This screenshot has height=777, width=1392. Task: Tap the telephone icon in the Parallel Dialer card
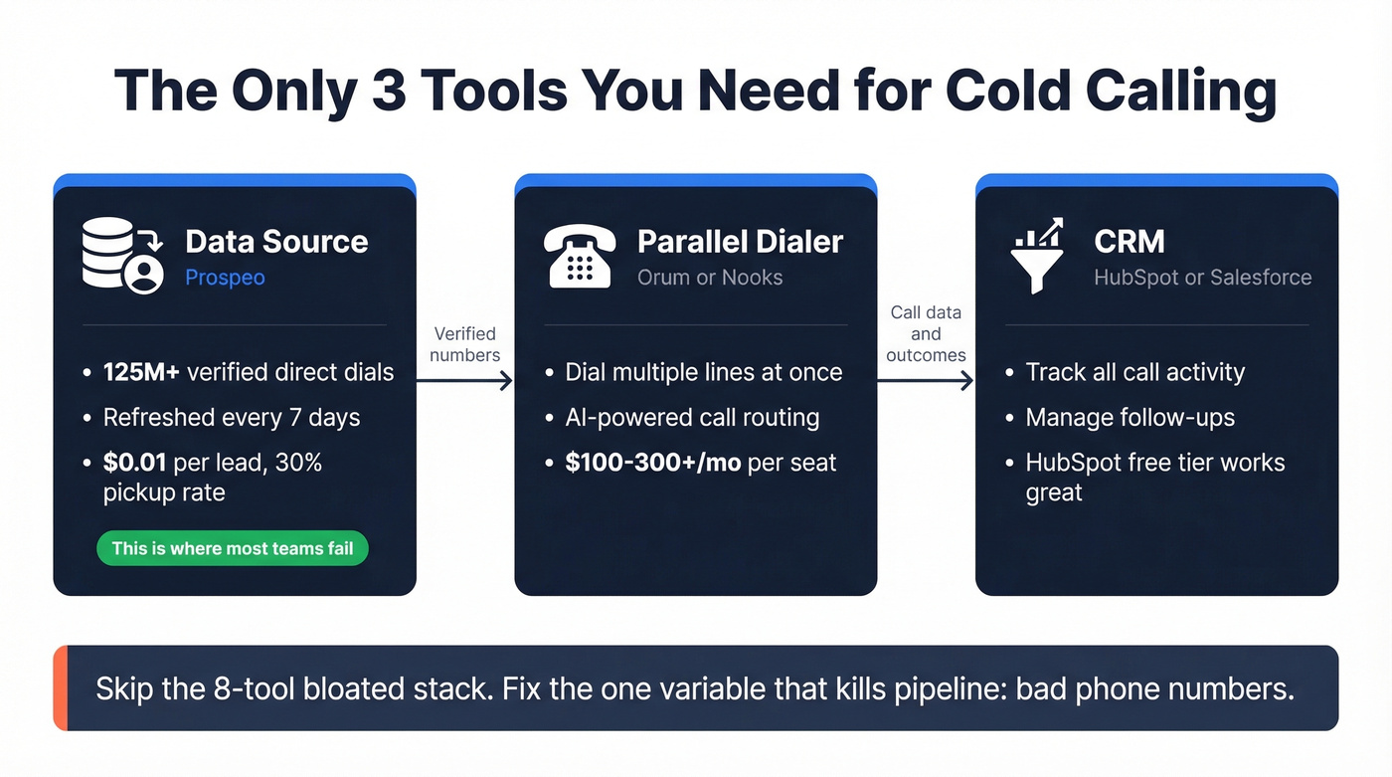579,257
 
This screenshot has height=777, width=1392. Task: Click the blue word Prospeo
225,278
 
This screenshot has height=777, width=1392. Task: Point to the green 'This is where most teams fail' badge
232,548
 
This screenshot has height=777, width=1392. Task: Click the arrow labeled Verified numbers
464,379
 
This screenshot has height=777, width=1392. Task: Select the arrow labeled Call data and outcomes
925,379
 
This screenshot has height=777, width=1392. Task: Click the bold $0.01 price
134,463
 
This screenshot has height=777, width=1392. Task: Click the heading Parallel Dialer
740,242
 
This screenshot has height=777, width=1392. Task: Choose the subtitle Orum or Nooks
710,278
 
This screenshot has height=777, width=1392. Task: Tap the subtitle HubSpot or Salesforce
1202,278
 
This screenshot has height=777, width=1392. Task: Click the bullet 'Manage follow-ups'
1130,417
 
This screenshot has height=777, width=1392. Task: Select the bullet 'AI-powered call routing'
692,417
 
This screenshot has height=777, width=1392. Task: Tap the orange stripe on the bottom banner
60,687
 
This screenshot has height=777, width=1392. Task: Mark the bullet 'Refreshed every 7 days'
231,417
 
